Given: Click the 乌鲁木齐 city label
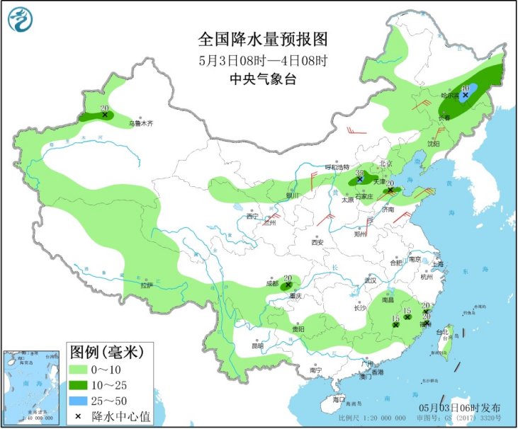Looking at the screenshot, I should (140, 123).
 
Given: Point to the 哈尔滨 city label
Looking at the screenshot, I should (450, 95).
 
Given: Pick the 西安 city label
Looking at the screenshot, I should (317, 242).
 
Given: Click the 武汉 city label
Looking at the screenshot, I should (369, 280).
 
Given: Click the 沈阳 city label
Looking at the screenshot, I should (433, 144).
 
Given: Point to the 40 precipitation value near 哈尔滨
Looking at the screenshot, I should (466, 88).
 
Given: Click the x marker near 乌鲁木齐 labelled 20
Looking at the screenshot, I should (105, 114).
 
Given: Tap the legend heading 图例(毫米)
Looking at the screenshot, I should (106, 351).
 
